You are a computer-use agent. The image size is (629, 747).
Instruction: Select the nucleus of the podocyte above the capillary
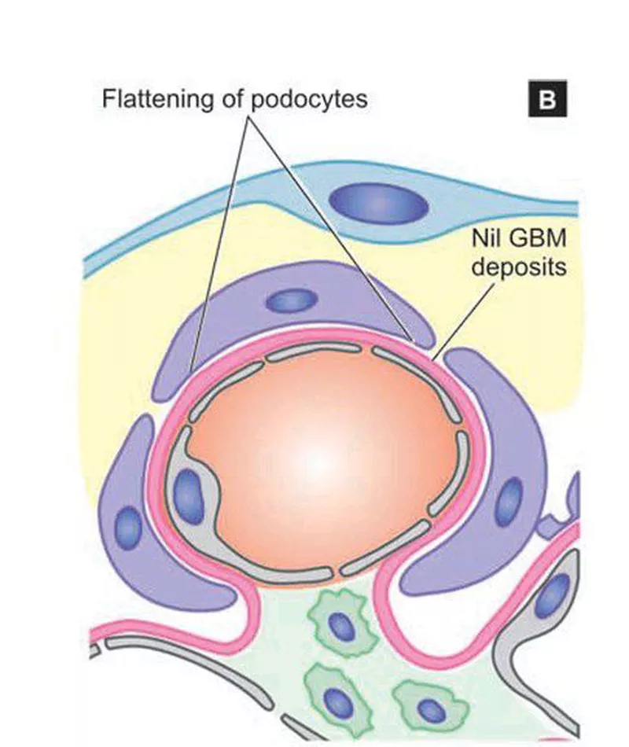coord(291,300)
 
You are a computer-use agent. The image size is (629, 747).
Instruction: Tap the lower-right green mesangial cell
coord(428,706)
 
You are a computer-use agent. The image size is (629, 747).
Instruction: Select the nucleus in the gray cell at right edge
coord(555,595)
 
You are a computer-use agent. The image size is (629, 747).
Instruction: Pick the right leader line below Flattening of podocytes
coord(330,228)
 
